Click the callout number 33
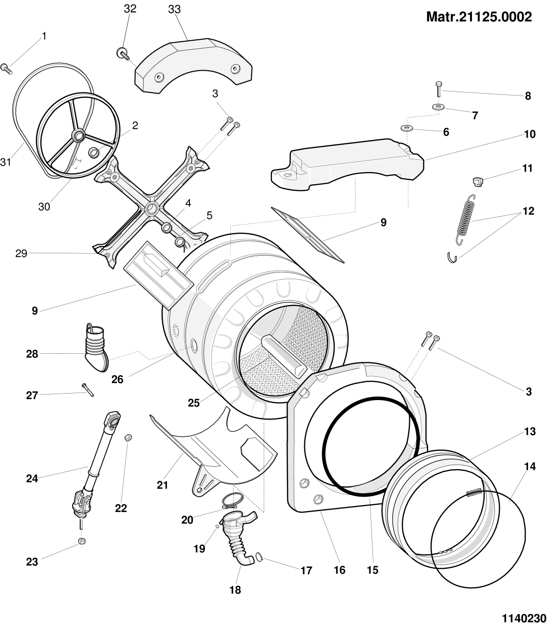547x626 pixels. click(174, 9)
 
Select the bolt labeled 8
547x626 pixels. click(438, 89)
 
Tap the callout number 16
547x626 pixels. click(339, 570)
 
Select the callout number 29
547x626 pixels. click(20, 253)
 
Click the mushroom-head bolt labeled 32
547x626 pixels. click(122, 52)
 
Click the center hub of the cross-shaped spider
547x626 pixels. click(151, 207)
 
